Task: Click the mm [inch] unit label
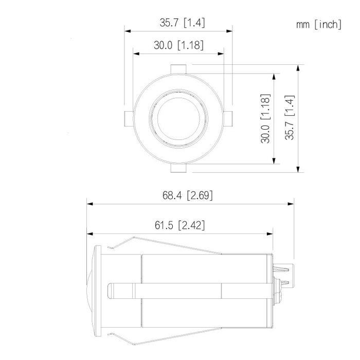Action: coord(318,24)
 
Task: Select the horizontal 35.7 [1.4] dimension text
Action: coord(179,23)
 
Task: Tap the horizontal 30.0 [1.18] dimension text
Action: coord(178,45)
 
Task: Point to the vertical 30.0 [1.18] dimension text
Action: coord(265,118)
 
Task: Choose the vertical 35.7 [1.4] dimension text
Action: coord(290,118)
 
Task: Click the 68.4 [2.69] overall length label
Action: coord(188,195)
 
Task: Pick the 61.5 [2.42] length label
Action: coord(180,225)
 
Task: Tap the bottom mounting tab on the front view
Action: coord(178,168)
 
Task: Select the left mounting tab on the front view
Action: coord(128,118)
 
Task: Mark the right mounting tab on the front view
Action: coord(228,118)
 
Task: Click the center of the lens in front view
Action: coord(178,118)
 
